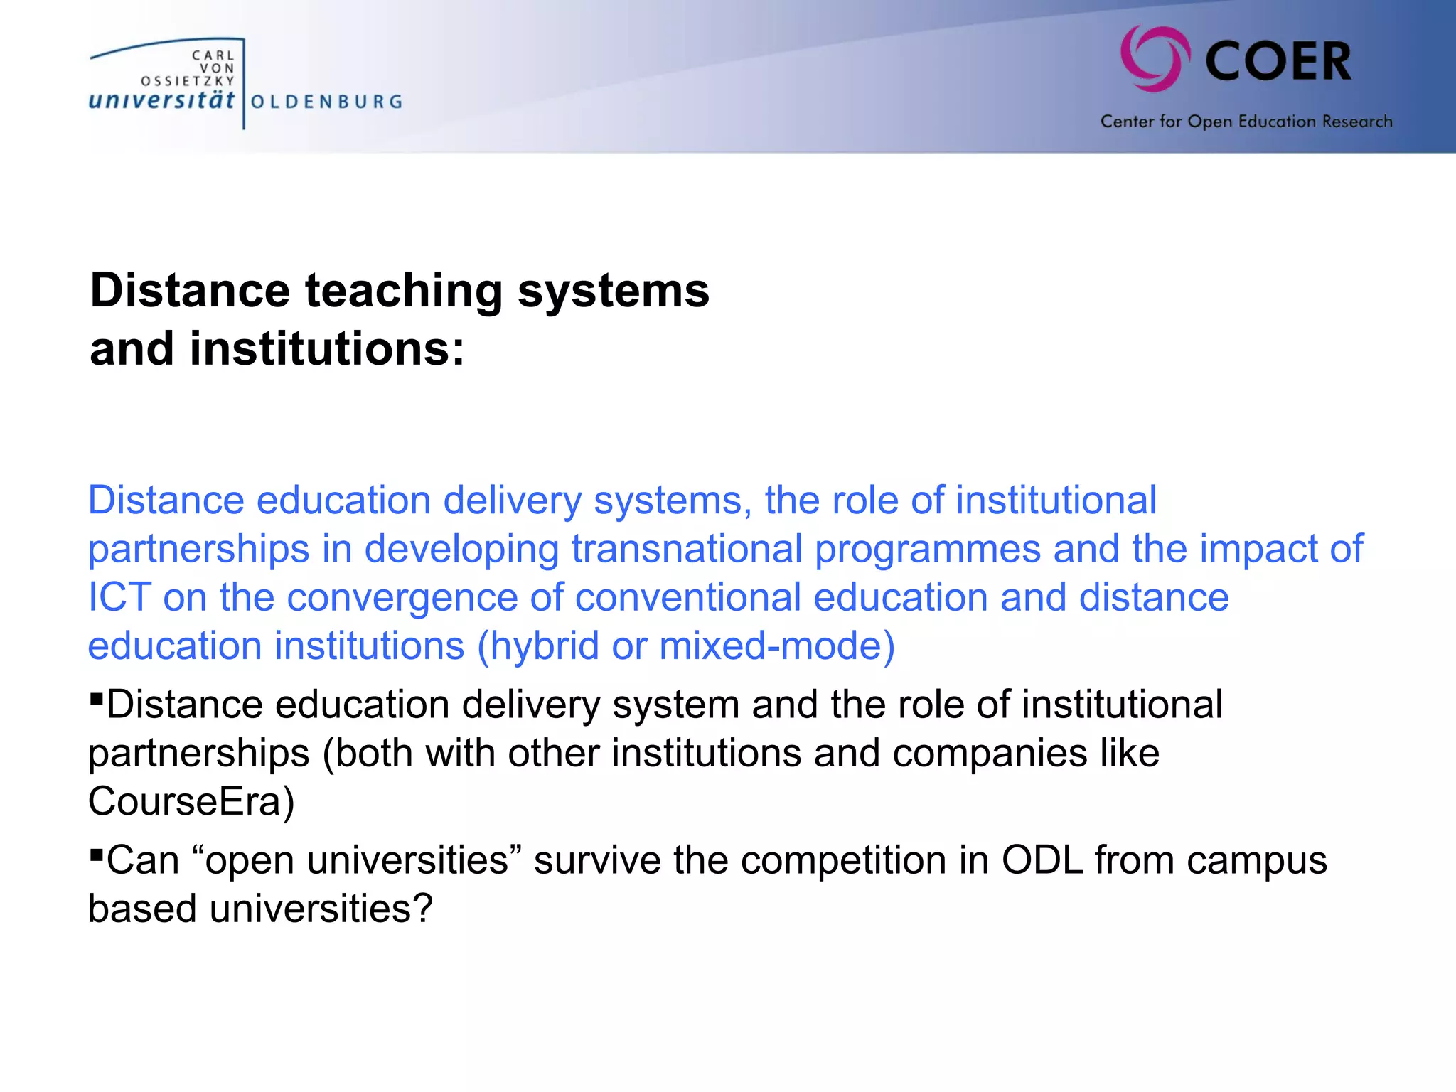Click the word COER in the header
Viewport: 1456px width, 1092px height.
[x=1278, y=62]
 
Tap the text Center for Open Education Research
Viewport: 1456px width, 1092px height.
[x=1246, y=122]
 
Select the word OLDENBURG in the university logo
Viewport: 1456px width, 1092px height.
[x=327, y=102]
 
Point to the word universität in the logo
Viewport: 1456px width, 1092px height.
[x=161, y=100]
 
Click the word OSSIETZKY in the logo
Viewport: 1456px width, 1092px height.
[x=188, y=81]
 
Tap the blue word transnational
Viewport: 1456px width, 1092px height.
[x=687, y=549]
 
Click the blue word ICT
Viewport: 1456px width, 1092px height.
[x=119, y=597]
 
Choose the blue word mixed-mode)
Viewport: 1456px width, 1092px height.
[x=777, y=646]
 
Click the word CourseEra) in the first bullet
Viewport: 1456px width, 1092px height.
[x=191, y=802]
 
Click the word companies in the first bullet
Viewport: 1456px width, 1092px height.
[x=990, y=754]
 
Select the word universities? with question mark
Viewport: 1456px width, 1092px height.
[x=321, y=909]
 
